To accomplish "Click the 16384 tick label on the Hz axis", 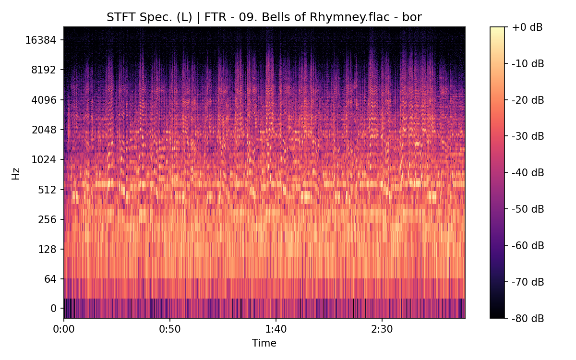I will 41,40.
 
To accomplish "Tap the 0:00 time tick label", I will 64,330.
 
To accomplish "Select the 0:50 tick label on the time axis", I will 169,330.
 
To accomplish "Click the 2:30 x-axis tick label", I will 382,330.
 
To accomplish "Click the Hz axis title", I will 16,173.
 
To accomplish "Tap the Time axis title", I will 264,343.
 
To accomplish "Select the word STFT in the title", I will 118,18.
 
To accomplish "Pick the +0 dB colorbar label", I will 527,27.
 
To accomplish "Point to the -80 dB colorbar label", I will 528,318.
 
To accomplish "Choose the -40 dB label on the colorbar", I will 528,172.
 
